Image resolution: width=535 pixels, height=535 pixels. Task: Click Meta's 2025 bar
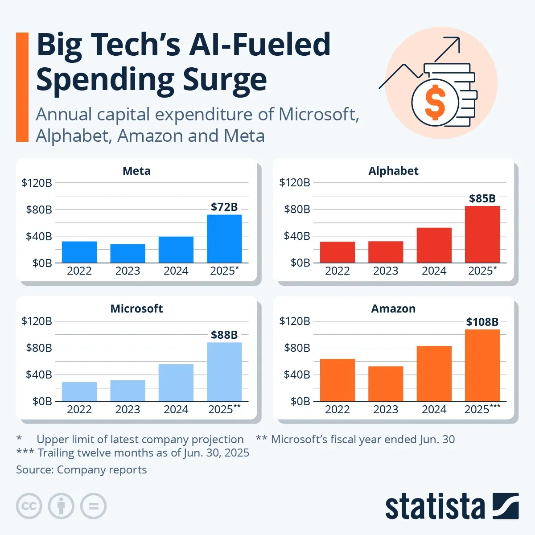pos(224,239)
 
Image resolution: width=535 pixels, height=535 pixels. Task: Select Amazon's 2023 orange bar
pos(386,383)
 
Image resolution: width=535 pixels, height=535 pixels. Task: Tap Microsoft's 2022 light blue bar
pos(79,391)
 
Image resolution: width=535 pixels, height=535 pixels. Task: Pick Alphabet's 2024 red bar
pos(434,245)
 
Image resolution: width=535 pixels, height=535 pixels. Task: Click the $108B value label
pos(482,322)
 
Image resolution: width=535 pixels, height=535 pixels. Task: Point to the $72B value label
pos(224,207)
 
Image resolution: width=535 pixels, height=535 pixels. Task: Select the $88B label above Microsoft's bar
pos(224,335)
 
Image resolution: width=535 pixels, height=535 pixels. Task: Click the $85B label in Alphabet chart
pos(482,198)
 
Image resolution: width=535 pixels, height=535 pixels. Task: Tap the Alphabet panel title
pos(393,171)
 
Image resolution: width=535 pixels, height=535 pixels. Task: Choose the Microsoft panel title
pos(136,309)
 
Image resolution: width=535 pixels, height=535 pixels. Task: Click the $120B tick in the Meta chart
pos(37,182)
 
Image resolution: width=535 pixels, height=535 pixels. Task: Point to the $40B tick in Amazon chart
pos(297,374)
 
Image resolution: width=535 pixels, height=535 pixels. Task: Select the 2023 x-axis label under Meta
pos(128,271)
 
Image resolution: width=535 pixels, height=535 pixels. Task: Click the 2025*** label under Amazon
pos(482,409)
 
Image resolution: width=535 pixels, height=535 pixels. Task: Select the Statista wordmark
pos(435,507)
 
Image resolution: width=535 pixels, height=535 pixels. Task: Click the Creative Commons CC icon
pos(29,506)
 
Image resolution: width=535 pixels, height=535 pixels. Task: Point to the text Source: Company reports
pos(82,470)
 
